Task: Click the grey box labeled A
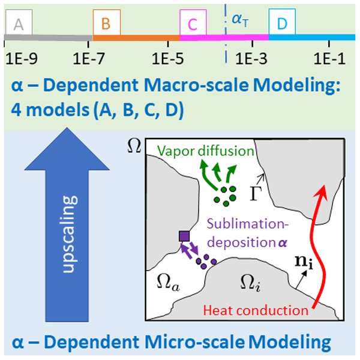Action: [x=19, y=23]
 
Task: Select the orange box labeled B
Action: [x=107, y=23]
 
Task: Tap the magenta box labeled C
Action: [x=193, y=23]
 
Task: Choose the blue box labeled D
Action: [x=282, y=23]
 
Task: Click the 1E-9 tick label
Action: [x=21, y=60]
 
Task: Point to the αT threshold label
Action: [x=240, y=20]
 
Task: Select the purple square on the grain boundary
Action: [x=184, y=237]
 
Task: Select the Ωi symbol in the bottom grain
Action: [x=248, y=281]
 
